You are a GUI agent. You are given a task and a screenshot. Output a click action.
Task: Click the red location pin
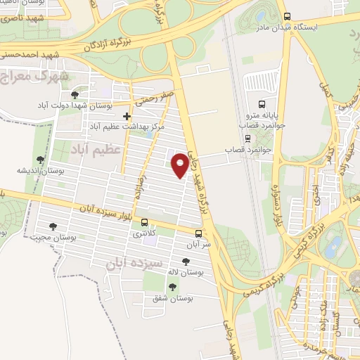[181, 165]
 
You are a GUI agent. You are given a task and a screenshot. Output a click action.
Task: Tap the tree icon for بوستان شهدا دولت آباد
[75, 94]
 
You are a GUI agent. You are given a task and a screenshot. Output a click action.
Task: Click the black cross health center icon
[127, 116]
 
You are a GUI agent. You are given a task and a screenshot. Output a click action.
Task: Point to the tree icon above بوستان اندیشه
[39, 160]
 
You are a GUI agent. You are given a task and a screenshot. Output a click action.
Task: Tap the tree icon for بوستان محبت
[53, 226]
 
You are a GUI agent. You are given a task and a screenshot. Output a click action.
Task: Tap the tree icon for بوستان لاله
[186, 262]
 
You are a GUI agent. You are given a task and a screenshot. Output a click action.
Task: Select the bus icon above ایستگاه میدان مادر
[286, 16]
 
